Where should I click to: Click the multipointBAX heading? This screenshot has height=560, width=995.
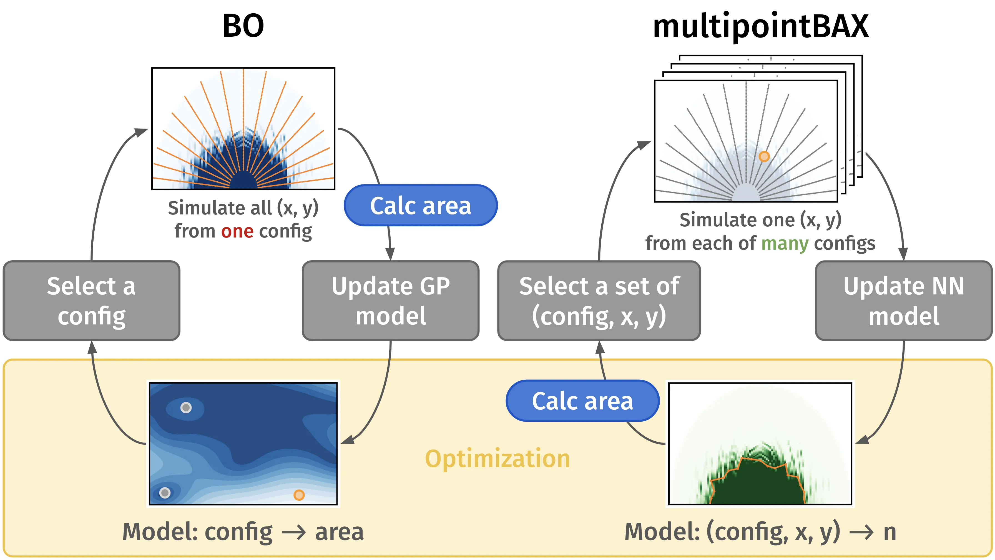click(760, 27)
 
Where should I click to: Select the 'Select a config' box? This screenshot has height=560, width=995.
click(92, 301)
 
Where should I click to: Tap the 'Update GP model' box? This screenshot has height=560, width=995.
click(391, 301)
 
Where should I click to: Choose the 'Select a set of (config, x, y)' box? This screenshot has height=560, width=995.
click(599, 301)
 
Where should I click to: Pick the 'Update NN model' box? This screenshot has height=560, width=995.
click(903, 301)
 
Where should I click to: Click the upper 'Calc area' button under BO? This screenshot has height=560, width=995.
click(420, 205)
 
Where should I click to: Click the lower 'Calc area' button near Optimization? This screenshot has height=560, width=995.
click(582, 401)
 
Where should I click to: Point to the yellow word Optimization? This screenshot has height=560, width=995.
click(497, 459)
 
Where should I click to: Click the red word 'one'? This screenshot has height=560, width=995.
click(237, 231)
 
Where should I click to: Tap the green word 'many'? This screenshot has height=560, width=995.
click(785, 244)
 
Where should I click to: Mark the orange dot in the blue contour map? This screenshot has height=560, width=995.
click(299, 495)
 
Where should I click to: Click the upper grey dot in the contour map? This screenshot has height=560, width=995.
click(186, 407)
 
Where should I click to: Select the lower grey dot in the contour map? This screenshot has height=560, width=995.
click(165, 493)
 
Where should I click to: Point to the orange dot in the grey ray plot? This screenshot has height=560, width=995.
click(764, 156)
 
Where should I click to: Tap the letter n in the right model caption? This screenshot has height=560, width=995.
click(890, 532)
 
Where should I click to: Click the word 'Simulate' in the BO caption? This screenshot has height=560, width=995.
click(196, 208)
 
